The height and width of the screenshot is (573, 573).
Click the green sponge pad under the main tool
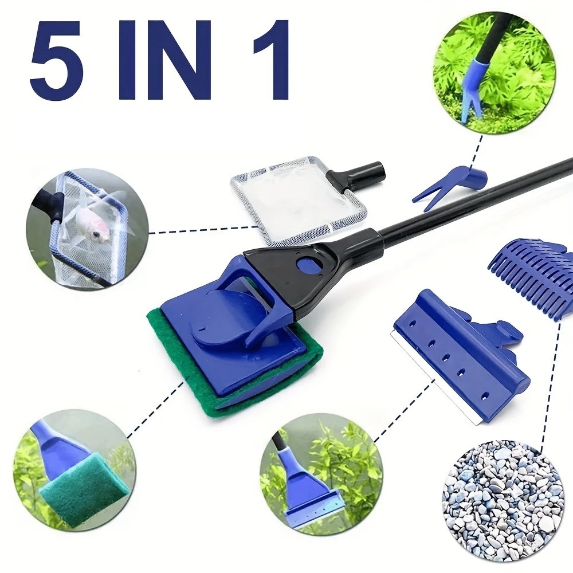172,344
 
